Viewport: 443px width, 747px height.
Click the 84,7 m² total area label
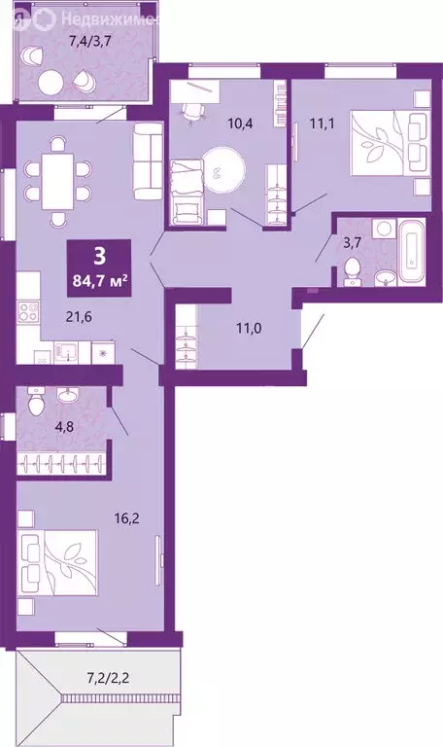(x=100, y=281)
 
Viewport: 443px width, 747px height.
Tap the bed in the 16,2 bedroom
(x=60, y=566)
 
